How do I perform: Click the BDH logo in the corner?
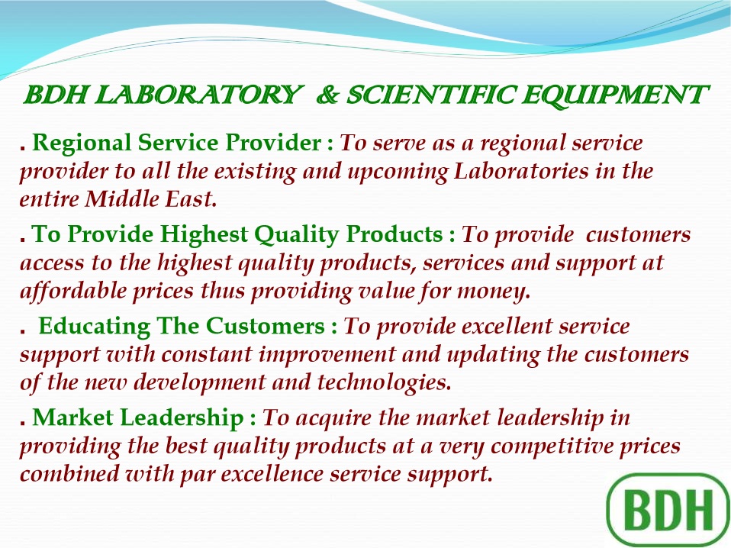pos(668,511)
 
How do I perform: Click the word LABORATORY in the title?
pos(198,95)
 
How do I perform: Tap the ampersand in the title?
pos(328,95)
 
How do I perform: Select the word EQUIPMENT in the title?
pos(615,96)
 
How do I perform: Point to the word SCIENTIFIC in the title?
pos(430,95)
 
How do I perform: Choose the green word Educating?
pos(94,327)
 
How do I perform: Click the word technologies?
pos(384,383)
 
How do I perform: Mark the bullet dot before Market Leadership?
pos(22,424)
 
